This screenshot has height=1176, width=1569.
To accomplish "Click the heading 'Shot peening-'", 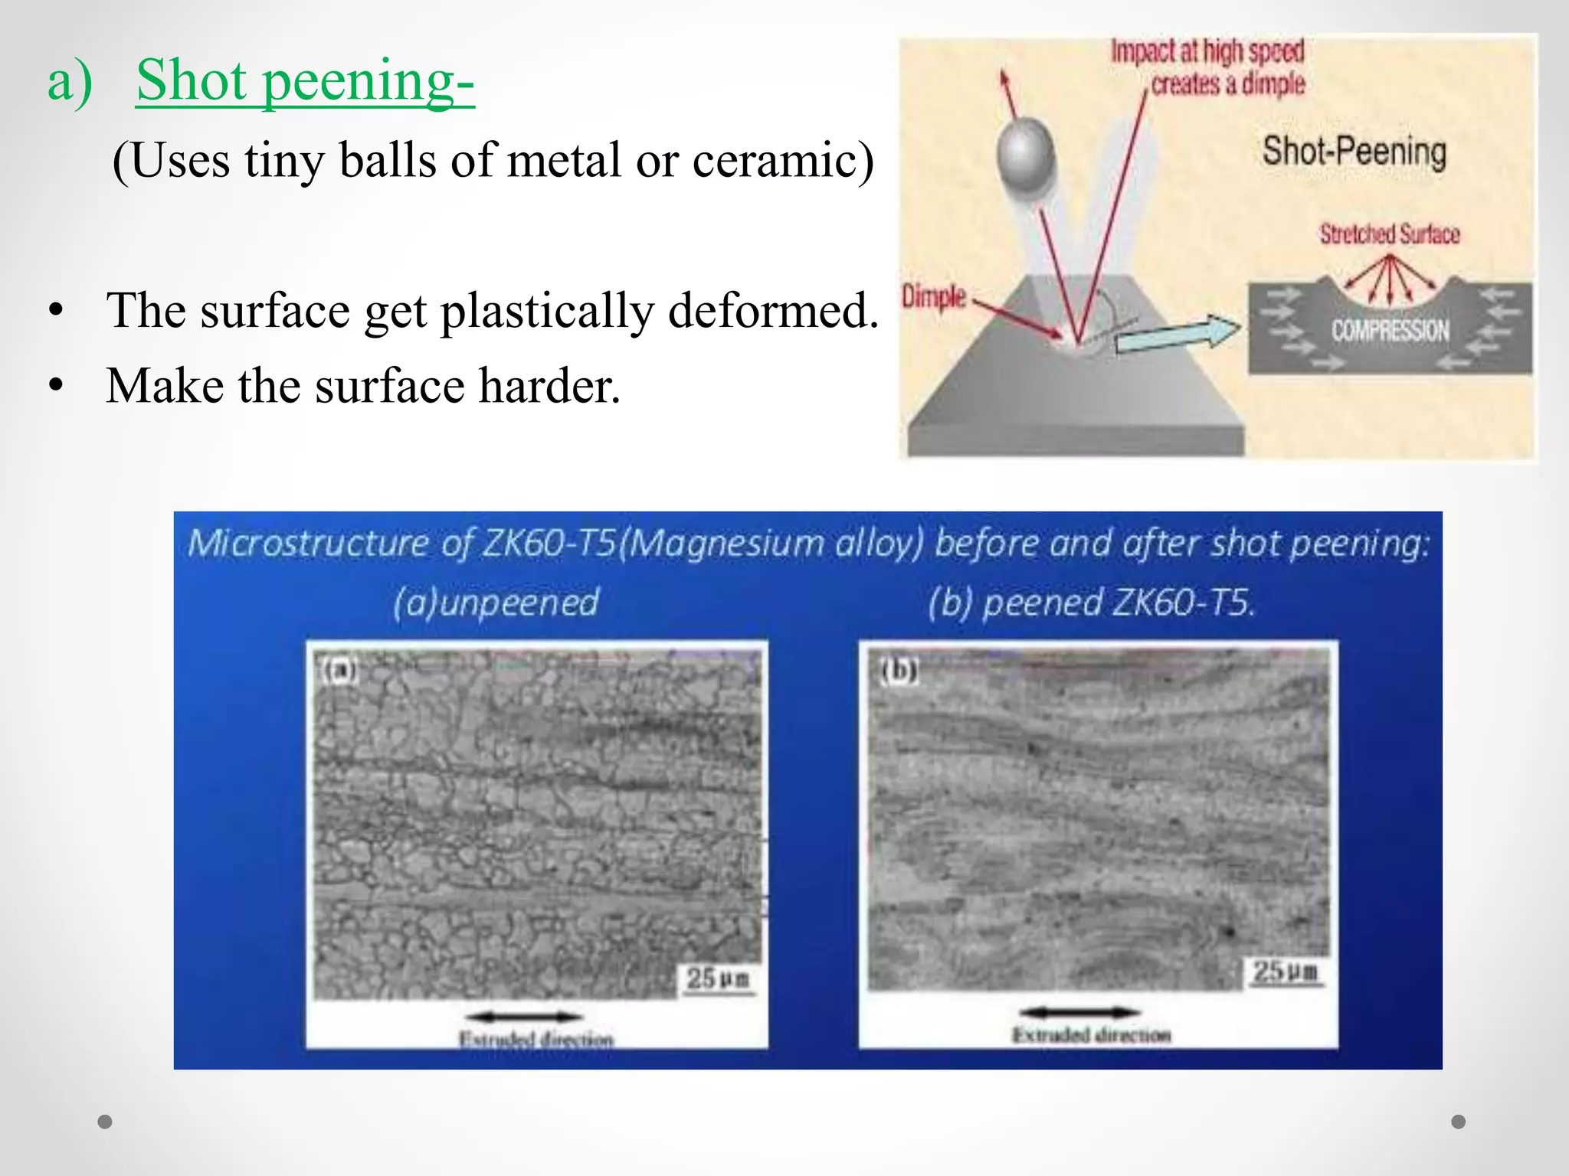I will point(305,80).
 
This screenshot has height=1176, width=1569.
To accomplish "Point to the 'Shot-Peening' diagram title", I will point(1354,151).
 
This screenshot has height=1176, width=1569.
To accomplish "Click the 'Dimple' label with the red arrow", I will point(933,296).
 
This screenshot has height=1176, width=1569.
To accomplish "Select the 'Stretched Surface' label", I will point(1389,234).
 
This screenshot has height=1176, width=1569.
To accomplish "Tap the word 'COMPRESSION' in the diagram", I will point(1390,331).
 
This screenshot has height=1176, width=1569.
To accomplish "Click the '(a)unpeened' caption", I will point(496,603).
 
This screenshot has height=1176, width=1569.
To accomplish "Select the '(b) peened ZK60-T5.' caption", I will point(1092,603).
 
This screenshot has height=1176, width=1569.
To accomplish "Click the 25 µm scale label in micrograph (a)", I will point(717,978).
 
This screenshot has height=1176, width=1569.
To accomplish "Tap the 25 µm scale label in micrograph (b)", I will point(1285,972).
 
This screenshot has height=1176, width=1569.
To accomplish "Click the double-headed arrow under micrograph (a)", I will point(525,1017).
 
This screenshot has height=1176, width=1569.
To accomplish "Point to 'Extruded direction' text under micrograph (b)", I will point(1092,1035).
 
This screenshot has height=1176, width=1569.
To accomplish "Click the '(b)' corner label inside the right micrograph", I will point(898,671).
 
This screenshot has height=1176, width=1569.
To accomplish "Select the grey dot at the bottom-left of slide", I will point(105,1122).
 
